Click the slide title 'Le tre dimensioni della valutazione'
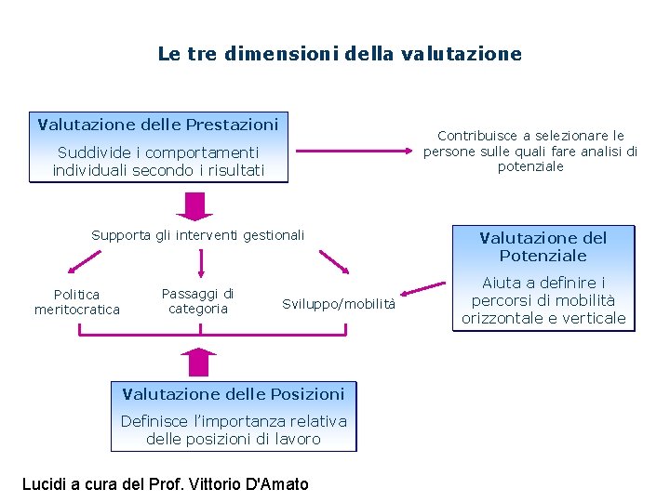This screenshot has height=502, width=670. [x=340, y=54]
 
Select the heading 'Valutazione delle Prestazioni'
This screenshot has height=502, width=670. [x=158, y=124]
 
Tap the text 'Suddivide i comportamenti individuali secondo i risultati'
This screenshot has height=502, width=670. [x=158, y=161]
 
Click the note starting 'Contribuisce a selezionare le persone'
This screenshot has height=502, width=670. [x=530, y=151]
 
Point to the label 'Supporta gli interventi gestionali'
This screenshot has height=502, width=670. [x=197, y=235]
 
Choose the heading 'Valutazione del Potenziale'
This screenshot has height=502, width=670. [x=543, y=246]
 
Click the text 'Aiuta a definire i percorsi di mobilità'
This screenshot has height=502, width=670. [x=543, y=300]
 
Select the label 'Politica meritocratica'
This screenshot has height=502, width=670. [x=77, y=301]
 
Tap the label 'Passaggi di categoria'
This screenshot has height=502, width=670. [x=197, y=300]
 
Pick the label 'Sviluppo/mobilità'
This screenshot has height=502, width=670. [x=339, y=304]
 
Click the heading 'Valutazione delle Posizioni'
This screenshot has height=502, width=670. [x=234, y=393]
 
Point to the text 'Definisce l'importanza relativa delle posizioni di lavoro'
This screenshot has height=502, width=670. [x=234, y=429]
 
